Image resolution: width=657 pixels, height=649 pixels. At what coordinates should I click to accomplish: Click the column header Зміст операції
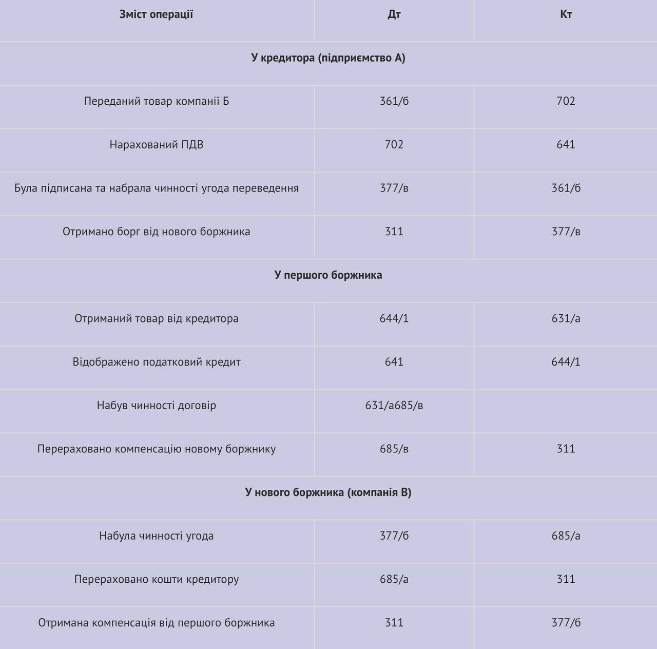(x=156, y=14)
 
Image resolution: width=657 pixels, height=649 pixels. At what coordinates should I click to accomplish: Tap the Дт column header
(x=394, y=14)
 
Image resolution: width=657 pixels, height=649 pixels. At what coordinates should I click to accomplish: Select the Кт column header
(x=566, y=14)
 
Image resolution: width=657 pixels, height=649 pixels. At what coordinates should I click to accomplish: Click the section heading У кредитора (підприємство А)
(x=328, y=58)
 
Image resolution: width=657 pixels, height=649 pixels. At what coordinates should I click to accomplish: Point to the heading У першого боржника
(x=328, y=275)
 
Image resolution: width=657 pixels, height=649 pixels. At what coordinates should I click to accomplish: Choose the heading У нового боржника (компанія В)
(x=328, y=493)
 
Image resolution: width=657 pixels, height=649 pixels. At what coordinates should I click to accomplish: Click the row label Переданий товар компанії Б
(x=156, y=101)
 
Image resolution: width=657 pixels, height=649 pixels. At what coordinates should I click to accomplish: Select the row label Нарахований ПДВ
(x=156, y=145)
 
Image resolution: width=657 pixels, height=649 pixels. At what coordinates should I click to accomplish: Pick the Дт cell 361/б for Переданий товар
(x=394, y=101)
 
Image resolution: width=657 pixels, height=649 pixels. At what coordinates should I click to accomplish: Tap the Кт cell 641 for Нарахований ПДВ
(x=566, y=145)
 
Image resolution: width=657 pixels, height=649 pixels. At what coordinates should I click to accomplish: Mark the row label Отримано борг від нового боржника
(x=156, y=232)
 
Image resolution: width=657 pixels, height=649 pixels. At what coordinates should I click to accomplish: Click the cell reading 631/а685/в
(x=394, y=406)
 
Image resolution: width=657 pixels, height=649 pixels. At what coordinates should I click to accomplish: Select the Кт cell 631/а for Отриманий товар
(x=566, y=319)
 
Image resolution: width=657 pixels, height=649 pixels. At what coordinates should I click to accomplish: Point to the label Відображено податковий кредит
(x=156, y=362)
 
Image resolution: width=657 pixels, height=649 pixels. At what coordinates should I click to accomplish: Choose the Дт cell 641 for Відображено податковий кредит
(x=394, y=362)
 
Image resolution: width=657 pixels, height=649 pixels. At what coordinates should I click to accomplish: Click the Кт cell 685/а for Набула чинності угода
(x=566, y=536)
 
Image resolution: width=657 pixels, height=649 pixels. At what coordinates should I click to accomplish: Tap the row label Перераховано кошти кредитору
(x=156, y=580)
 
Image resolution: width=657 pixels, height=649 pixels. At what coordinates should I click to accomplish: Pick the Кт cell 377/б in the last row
(x=566, y=623)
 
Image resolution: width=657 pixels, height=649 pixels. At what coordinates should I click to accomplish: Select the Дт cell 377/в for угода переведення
(x=394, y=188)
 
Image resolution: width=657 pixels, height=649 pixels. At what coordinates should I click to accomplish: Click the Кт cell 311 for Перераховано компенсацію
(x=566, y=449)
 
